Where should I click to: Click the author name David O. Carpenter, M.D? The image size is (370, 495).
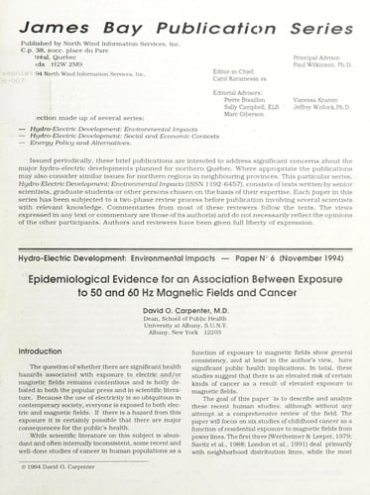(x=186, y=286)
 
